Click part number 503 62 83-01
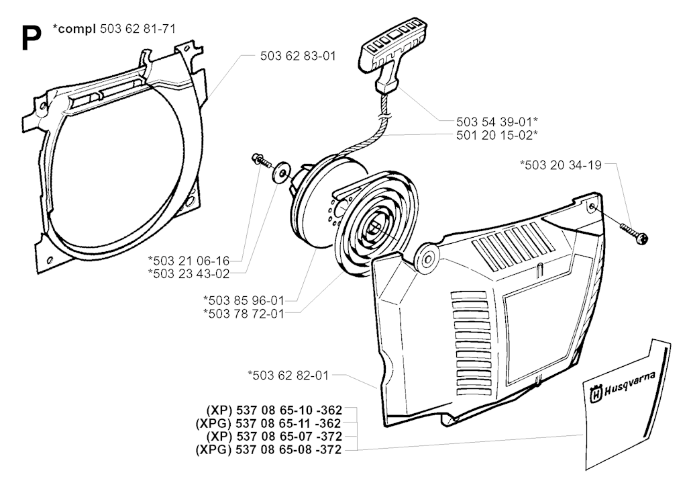pos(297,56)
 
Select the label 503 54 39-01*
pos(498,121)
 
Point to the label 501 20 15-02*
pos(498,134)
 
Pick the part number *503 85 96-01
pos(242,300)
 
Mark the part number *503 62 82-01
pos(288,376)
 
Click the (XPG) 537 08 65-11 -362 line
pos(268,423)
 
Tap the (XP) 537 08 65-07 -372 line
pos(271,437)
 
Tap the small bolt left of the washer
pos(258,159)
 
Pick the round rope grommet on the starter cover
pos(426,257)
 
